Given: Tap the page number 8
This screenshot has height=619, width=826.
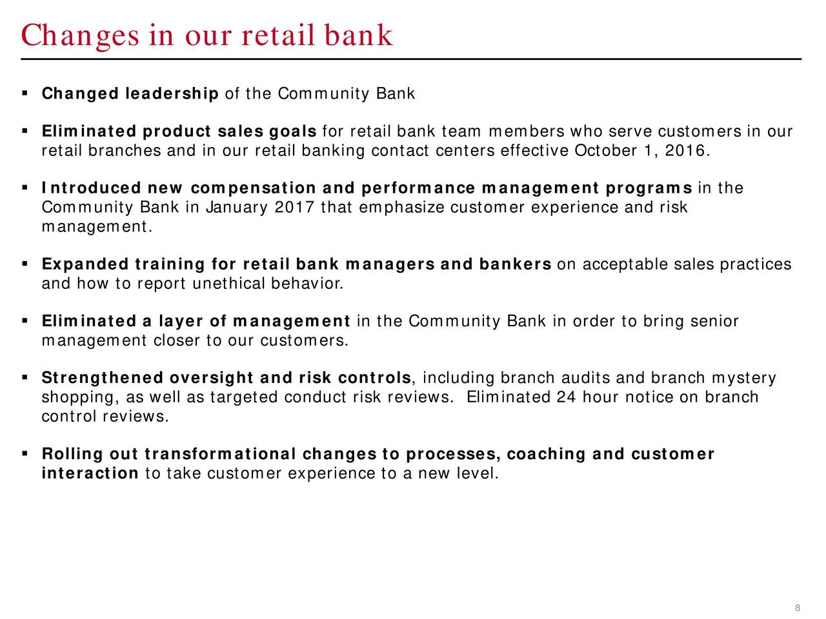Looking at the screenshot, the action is [x=797, y=608].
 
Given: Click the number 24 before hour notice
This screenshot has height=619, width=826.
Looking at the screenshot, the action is [x=566, y=397].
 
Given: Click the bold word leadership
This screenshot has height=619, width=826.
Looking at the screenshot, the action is [x=172, y=93].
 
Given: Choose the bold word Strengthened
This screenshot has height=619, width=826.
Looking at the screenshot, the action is [x=103, y=378].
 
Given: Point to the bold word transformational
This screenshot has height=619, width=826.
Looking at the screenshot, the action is [x=220, y=454].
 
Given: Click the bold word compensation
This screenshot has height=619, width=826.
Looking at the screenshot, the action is [x=253, y=188].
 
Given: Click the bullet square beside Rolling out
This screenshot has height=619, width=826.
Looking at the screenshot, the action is [x=25, y=453].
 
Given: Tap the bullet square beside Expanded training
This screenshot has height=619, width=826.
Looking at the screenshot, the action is [x=25, y=264].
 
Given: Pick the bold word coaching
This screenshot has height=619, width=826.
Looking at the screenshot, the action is [x=547, y=454].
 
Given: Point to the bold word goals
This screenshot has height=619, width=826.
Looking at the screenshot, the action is [x=293, y=132].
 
